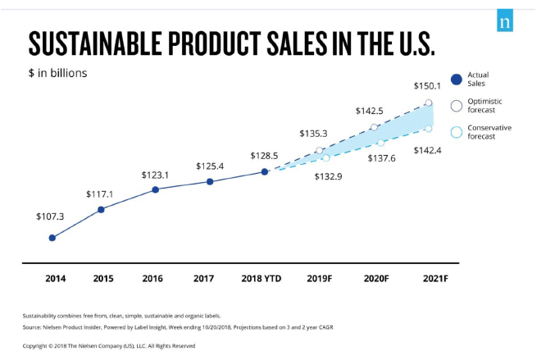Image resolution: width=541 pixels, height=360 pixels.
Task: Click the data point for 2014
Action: pyautogui.click(x=52, y=238)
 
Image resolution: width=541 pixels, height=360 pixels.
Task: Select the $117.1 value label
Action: pyautogui.click(x=100, y=194)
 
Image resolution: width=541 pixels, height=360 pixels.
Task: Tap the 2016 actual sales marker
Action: pyautogui.click(x=156, y=190)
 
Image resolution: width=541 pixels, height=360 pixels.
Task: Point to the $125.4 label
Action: pyautogui.click(x=210, y=166)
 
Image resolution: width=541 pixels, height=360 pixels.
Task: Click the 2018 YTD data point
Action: pyautogui.click(x=265, y=171)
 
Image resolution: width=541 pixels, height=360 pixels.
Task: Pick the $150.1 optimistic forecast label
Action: pyautogui.click(x=428, y=85)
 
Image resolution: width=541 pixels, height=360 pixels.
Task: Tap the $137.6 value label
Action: pyautogui.click(x=381, y=157)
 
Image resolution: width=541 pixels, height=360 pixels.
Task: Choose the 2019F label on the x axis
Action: pyautogui.click(x=320, y=279)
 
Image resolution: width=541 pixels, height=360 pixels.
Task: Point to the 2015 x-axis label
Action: pyautogui.click(x=102, y=279)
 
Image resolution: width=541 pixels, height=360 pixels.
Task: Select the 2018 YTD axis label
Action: pyautogui.click(x=261, y=279)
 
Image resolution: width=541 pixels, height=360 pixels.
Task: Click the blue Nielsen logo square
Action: pyautogui.click(x=504, y=22)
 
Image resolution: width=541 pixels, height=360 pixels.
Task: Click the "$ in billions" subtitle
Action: pyautogui.click(x=57, y=73)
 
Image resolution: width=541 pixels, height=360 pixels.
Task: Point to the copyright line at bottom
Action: pyautogui.click(x=109, y=345)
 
